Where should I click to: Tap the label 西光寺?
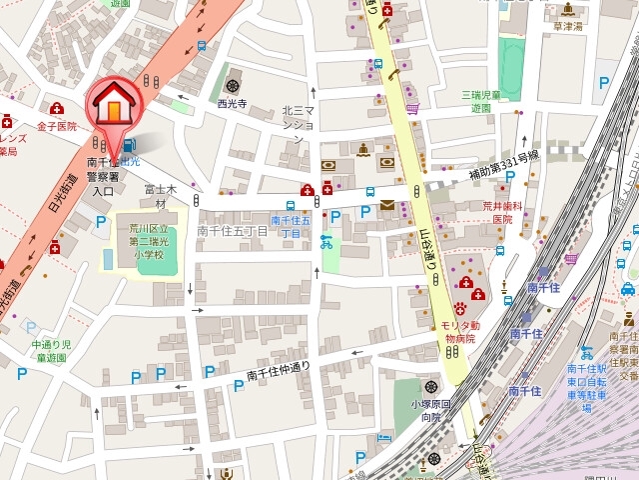232,103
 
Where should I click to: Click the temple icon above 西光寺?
233,85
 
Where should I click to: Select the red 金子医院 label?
57,127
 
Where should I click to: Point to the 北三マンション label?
298,118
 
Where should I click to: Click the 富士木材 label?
160,195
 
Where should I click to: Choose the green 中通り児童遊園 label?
48,351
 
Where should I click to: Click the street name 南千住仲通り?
279,370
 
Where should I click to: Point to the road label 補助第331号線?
505,165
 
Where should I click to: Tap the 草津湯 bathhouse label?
568,27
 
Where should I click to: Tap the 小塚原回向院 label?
431,411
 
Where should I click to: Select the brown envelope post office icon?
387,205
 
